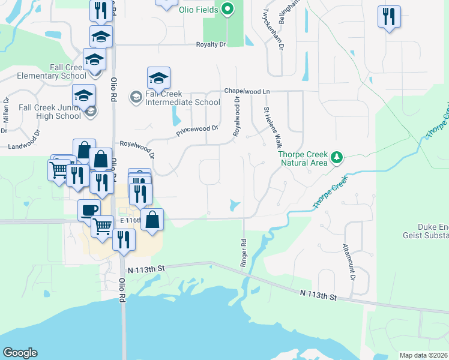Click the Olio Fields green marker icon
[228, 9]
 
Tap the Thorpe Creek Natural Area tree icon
[337, 158]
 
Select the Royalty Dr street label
[211, 45]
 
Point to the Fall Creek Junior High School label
[41, 111]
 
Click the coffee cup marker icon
[89, 210]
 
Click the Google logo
[20, 353]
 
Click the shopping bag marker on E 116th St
[152, 219]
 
